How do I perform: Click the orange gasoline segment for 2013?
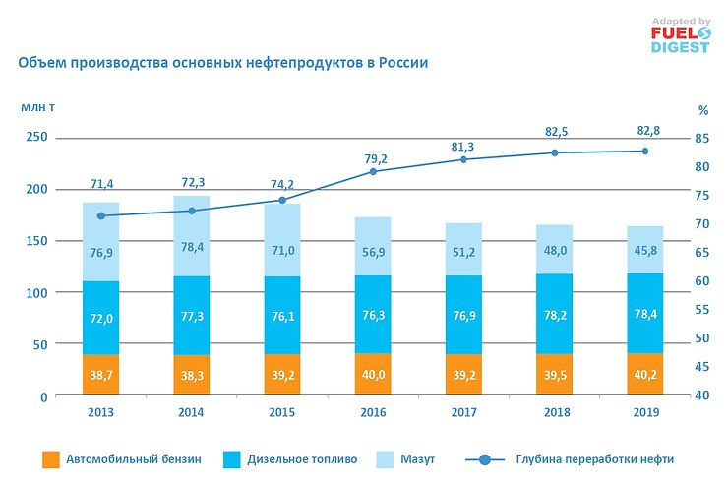[100, 375]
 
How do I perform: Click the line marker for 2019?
[645, 151]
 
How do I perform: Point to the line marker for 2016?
[373, 171]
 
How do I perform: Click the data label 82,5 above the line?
[555, 131]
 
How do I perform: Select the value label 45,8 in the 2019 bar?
[645, 250]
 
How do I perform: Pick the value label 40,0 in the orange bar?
[373, 376]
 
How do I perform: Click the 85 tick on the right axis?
[701, 138]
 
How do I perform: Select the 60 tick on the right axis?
[701, 281]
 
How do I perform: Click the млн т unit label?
[36, 105]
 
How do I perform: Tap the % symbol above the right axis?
[702, 110]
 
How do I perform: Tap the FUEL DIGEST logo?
[679, 35]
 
